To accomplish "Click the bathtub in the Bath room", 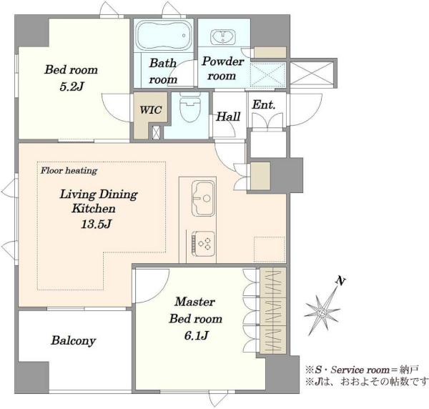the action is click(164, 35).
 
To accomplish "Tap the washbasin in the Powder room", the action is click(222, 37).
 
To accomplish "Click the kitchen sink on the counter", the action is click(203, 198).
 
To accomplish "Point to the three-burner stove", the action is click(203, 244).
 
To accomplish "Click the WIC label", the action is click(151, 110).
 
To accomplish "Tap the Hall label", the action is click(228, 117).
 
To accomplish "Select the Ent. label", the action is click(263, 104).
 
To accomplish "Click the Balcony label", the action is click(74, 340).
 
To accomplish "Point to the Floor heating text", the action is click(69, 171).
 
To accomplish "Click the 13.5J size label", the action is click(96, 224).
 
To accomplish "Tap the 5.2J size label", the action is click(71, 87).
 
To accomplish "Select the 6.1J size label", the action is click(196, 335).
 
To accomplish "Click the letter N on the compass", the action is click(340, 281).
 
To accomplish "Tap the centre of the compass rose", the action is click(322, 312).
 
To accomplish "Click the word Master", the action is click(194, 302).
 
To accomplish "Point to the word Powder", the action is click(222, 61).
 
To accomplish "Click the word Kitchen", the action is click(94, 209).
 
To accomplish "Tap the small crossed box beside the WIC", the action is click(156, 132).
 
